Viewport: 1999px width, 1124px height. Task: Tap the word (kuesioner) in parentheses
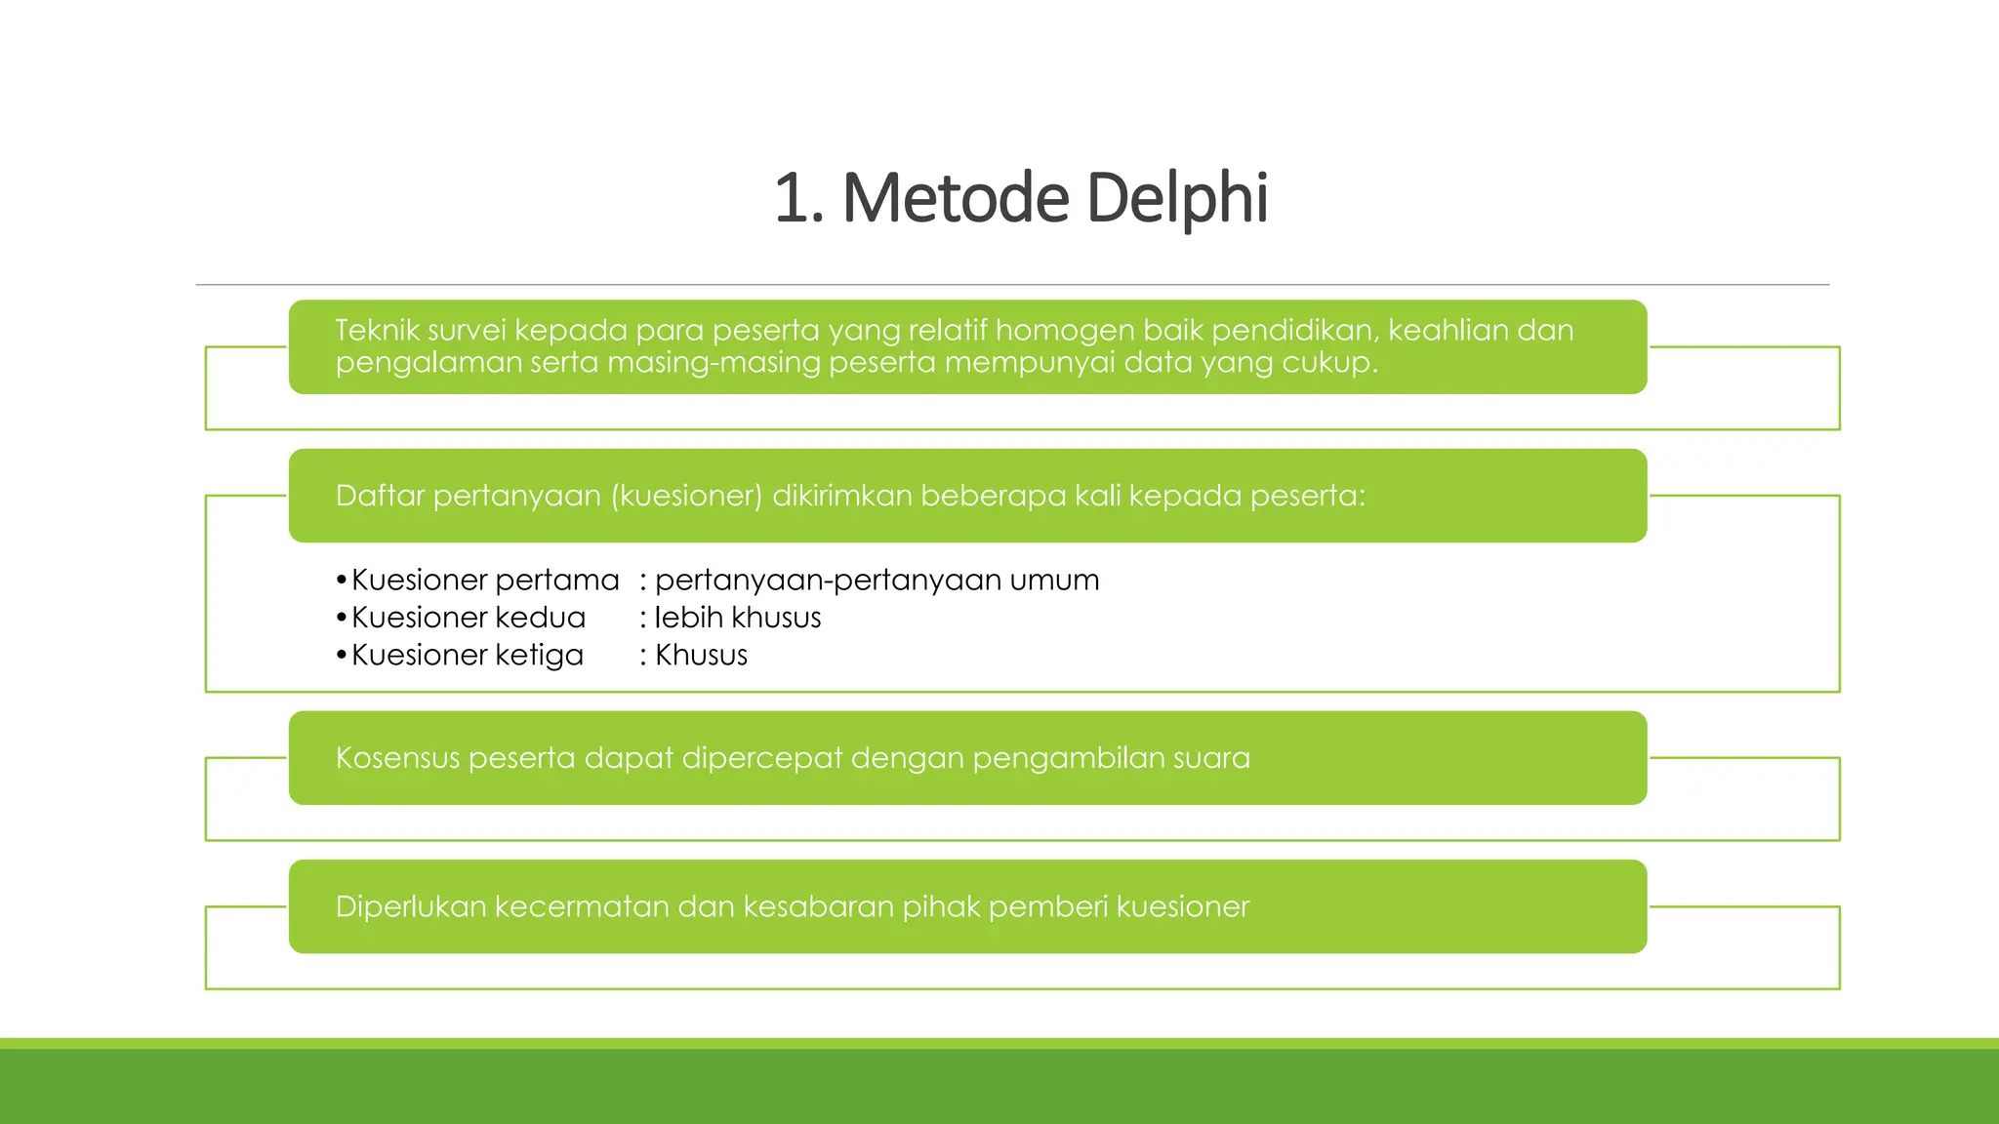click(686, 497)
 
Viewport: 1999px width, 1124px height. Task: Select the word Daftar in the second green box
click(380, 496)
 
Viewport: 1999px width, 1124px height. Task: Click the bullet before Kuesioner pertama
click(341, 582)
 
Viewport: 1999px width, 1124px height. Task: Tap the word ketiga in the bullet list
click(539, 656)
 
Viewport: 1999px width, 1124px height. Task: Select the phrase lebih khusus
click(738, 618)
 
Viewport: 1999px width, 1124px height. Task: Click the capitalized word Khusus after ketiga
click(701, 656)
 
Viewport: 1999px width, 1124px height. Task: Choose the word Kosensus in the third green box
click(397, 758)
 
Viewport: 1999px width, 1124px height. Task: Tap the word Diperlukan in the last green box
click(410, 907)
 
